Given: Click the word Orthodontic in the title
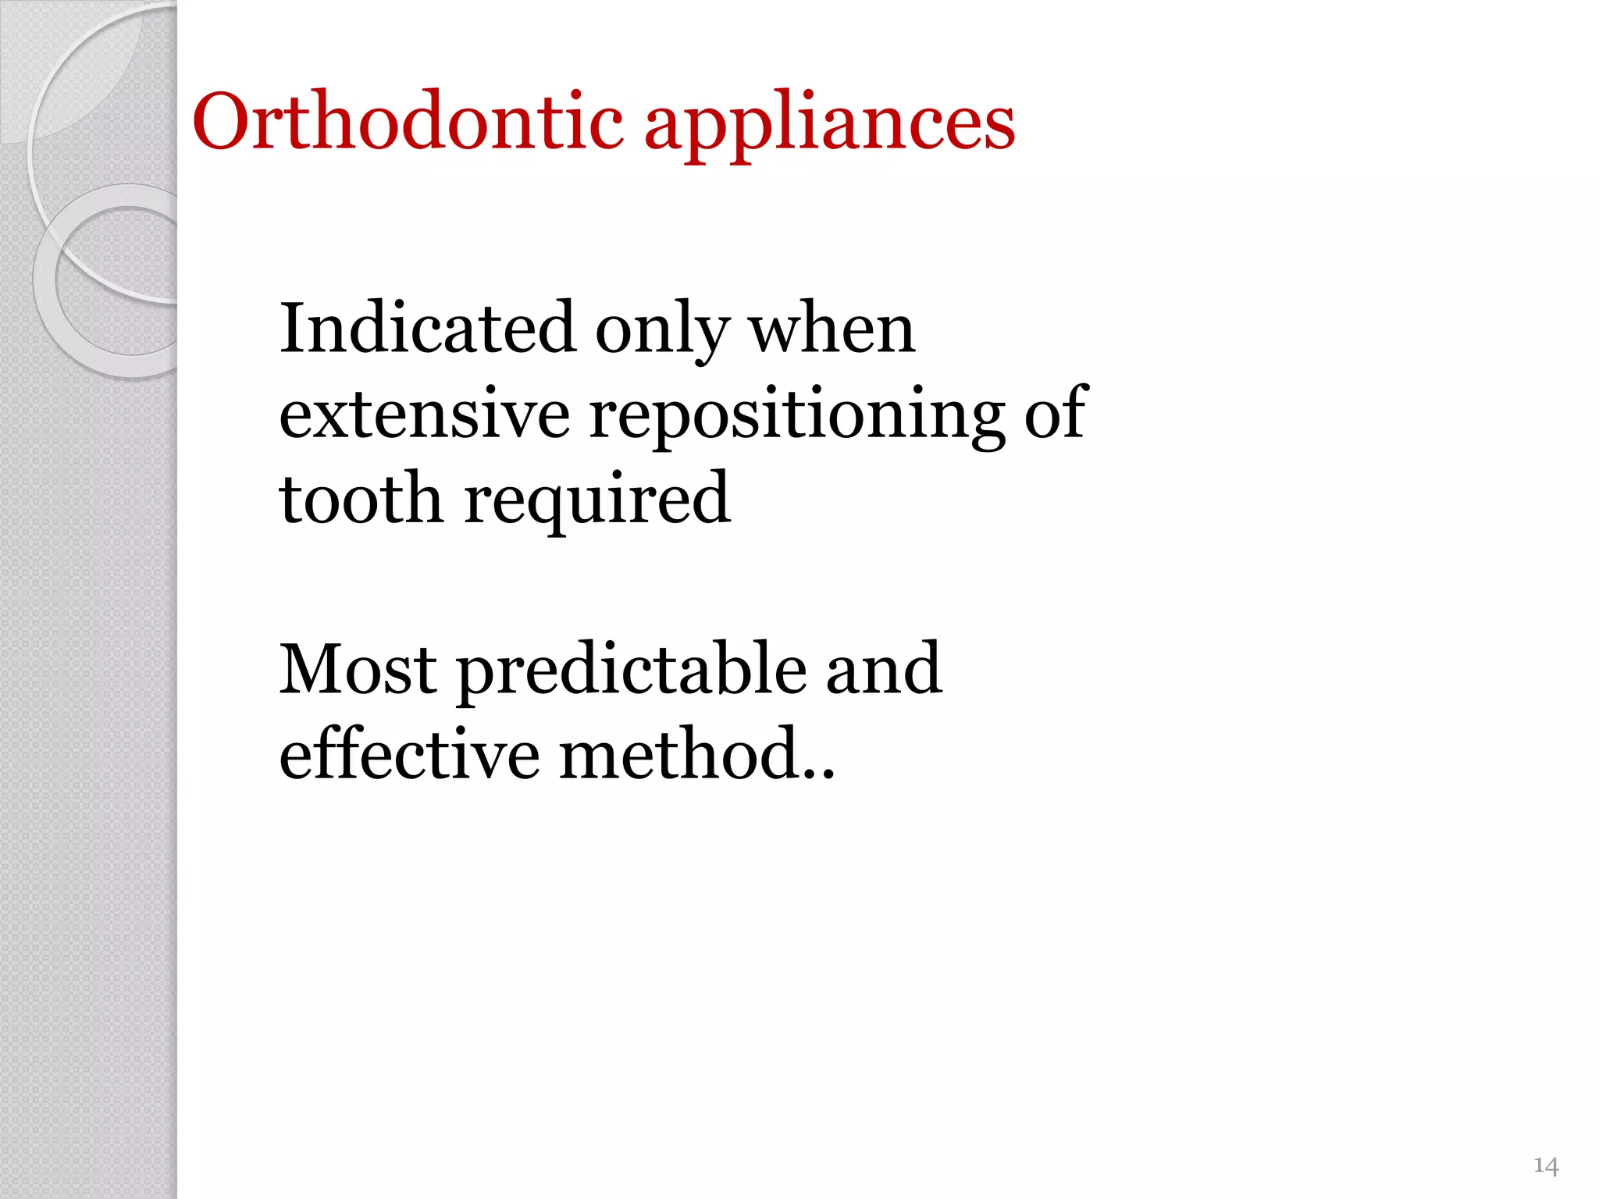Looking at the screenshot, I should coord(408,123).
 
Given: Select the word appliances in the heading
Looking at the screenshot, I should coord(829,125).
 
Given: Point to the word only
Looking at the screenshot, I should coord(663,332).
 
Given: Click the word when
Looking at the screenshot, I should coord(832,329).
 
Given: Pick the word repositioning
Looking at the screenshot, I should coord(796,418).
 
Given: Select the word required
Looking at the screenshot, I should coord(597,502).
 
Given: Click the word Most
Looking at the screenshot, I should coord(358,669).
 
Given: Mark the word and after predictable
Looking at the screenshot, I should coord(884,669).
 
